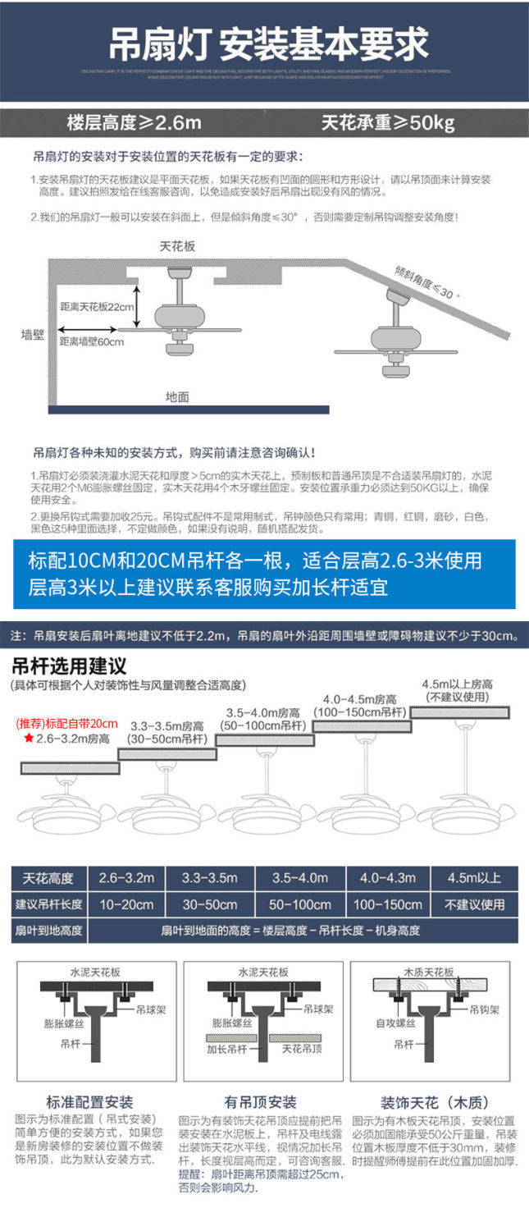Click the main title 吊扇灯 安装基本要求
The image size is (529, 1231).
pyautogui.click(x=269, y=43)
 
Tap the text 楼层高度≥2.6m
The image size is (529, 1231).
pyautogui.click(x=134, y=124)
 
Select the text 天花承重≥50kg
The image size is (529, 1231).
pyautogui.click(x=388, y=124)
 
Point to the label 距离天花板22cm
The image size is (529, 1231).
pyautogui.click(x=96, y=306)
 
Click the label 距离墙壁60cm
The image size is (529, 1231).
pyautogui.click(x=92, y=341)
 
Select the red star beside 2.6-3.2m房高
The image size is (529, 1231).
pyautogui.click(x=29, y=739)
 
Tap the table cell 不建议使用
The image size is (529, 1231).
pyautogui.click(x=474, y=904)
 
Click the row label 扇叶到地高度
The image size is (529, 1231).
pyautogui.click(x=49, y=930)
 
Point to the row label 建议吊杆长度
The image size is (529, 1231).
pyautogui.click(x=49, y=904)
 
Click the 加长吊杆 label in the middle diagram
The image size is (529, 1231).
pyautogui.click(x=223, y=1048)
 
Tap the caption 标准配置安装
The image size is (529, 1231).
pyautogui.click(x=89, y=1101)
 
